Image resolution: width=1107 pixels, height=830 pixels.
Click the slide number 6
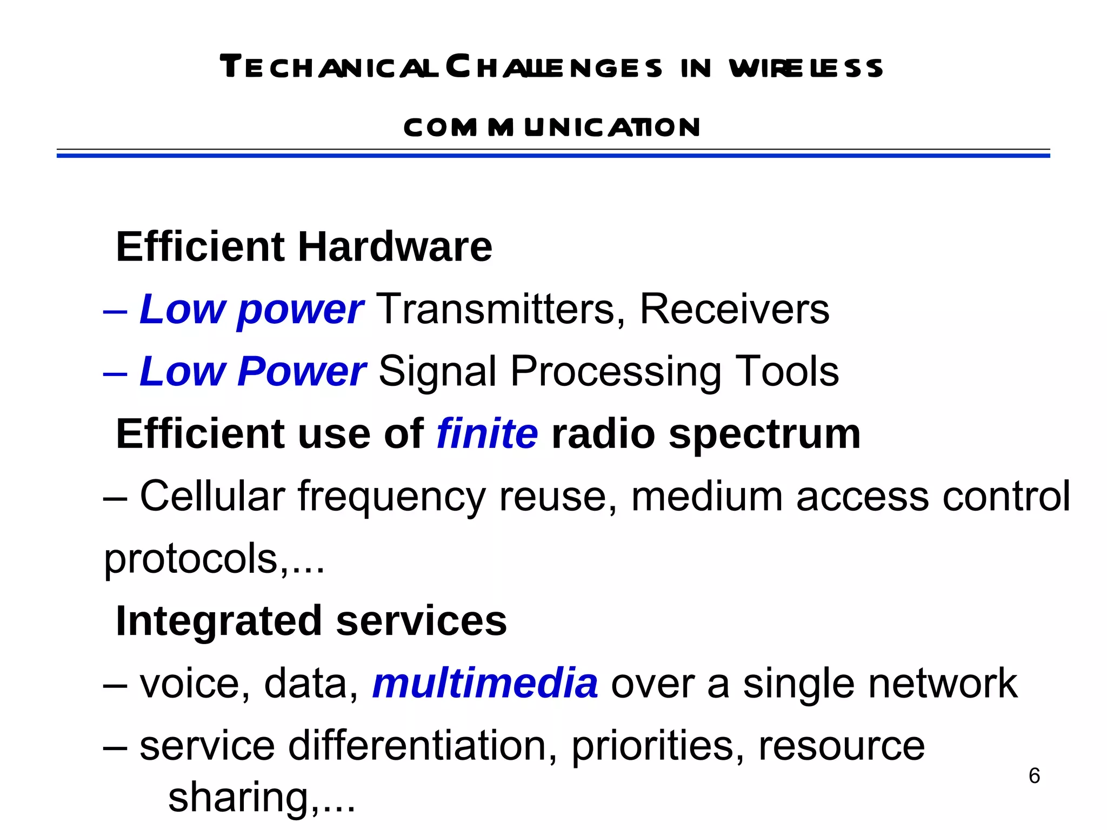click(x=1034, y=776)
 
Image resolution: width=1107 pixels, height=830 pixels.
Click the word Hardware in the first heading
click(x=395, y=247)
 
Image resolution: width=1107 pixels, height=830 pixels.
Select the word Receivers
click(x=734, y=309)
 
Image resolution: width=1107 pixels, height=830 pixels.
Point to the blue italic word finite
click(x=487, y=434)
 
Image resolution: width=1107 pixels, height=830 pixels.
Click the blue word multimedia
click(x=485, y=684)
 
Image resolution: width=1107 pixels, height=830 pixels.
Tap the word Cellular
click(x=212, y=496)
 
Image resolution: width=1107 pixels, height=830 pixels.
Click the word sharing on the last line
click(x=238, y=798)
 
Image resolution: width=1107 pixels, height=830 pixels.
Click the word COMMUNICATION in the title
click(x=552, y=128)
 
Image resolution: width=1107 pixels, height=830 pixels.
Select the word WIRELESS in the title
click(x=805, y=68)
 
